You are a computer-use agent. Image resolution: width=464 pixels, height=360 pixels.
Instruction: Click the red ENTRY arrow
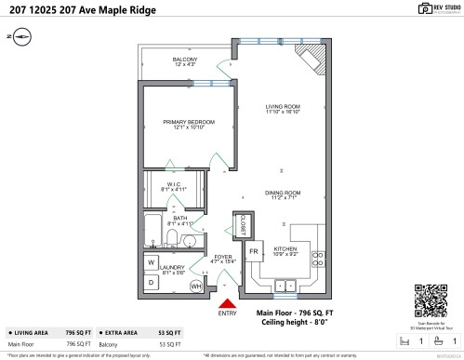point(225,301)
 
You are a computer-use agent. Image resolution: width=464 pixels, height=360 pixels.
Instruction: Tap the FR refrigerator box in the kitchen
point(253,250)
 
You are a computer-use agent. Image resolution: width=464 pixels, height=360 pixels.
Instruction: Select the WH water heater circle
point(196,287)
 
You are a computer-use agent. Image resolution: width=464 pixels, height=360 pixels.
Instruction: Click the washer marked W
point(152,263)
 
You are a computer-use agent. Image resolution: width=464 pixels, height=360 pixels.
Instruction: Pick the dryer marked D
point(152,282)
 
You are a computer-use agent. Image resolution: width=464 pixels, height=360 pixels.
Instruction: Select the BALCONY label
point(184,60)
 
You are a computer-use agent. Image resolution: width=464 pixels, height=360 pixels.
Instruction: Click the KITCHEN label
point(285,249)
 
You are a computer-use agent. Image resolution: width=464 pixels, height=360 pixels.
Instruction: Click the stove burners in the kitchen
point(318,260)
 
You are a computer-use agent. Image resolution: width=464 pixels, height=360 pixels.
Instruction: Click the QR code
point(425,300)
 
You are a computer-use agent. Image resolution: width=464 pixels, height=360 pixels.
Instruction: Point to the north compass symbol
point(21,37)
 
